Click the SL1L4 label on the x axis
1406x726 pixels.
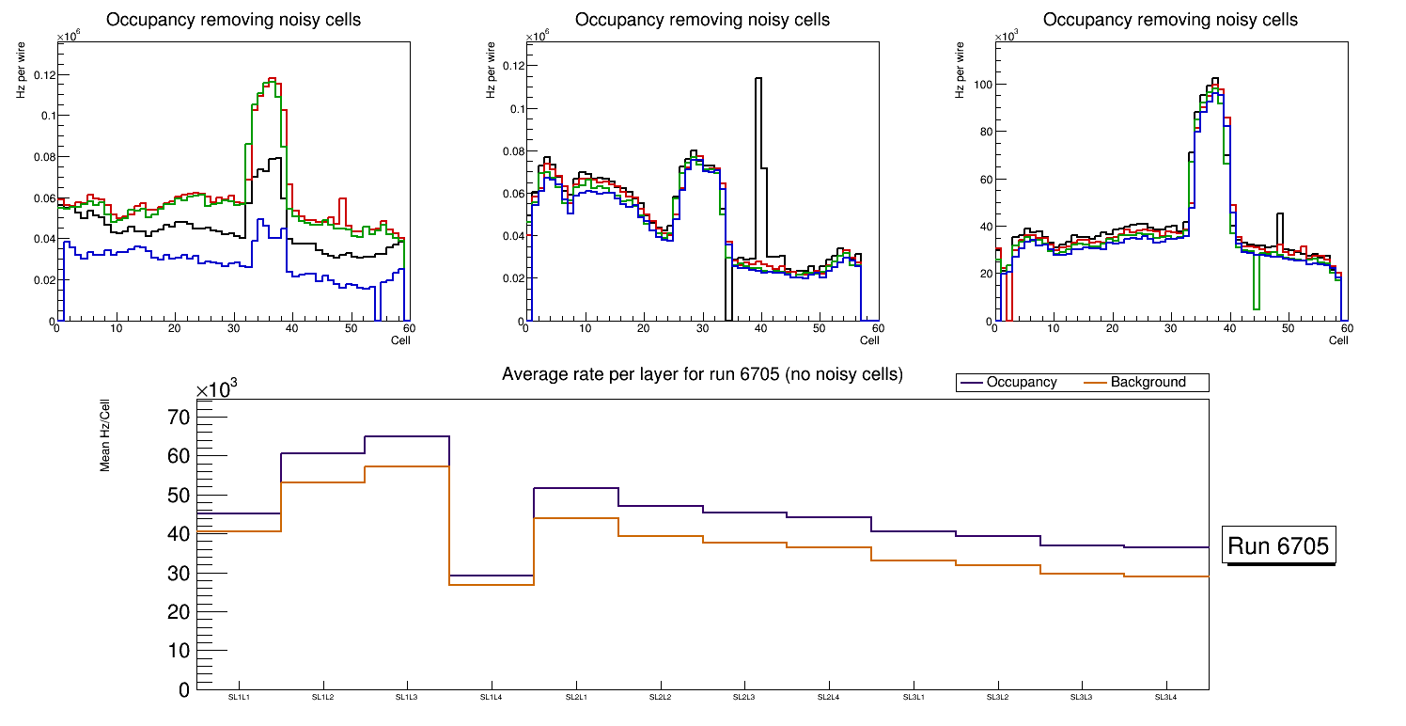(492, 698)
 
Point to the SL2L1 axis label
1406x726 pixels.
(576, 698)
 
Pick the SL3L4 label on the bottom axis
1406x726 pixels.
(1165, 698)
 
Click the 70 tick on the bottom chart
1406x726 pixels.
(179, 417)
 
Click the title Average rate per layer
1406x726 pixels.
(702, 374)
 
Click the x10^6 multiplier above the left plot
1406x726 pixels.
(68, 37)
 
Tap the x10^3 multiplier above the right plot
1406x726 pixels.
(1008, 37)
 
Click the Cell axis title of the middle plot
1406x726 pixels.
(869, 340)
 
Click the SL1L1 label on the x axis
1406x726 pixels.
(239, 698)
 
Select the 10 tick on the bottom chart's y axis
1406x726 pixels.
(179, 651)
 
